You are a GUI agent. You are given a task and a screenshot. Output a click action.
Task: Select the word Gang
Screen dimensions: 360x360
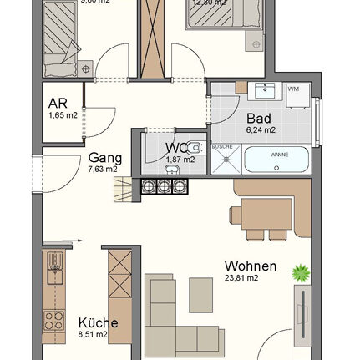coord(105,158)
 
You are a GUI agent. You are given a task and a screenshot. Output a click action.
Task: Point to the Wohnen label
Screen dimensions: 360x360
coord(245,267)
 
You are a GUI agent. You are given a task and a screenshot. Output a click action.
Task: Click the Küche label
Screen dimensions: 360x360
coord(98,323)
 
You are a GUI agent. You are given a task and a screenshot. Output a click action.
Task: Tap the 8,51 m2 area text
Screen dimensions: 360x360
coord(94,334)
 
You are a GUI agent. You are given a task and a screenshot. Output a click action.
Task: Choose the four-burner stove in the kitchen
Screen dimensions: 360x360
coord(55,320)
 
